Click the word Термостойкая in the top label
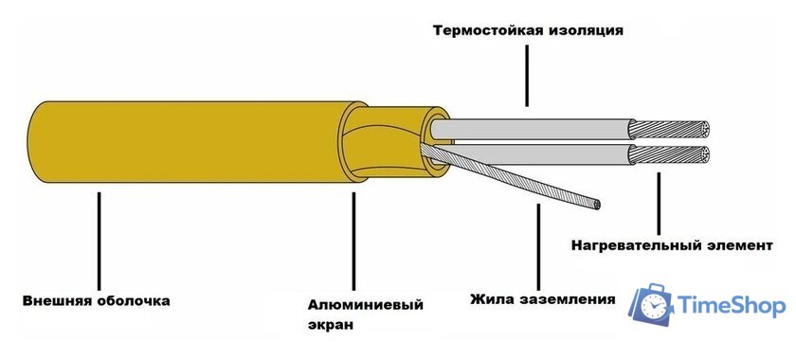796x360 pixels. (485, 29)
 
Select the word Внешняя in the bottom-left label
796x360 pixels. (57, 301)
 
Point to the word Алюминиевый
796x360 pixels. (365, 305)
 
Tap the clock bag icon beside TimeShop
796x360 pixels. (653, 304)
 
